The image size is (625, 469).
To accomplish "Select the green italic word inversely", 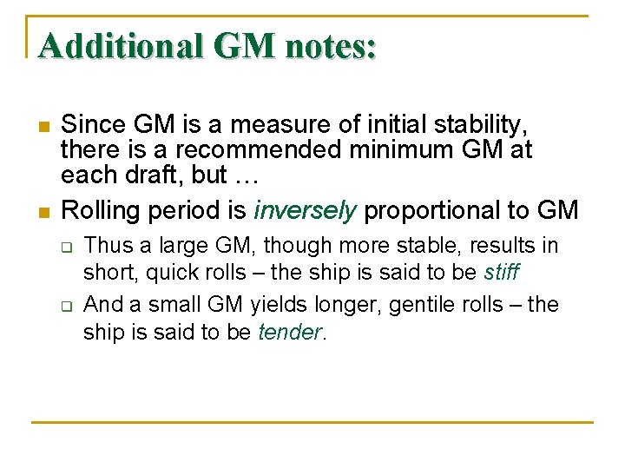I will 305,210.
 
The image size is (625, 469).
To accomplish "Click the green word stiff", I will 501,272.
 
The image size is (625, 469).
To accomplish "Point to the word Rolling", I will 97,210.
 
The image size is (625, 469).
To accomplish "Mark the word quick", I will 172,272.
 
